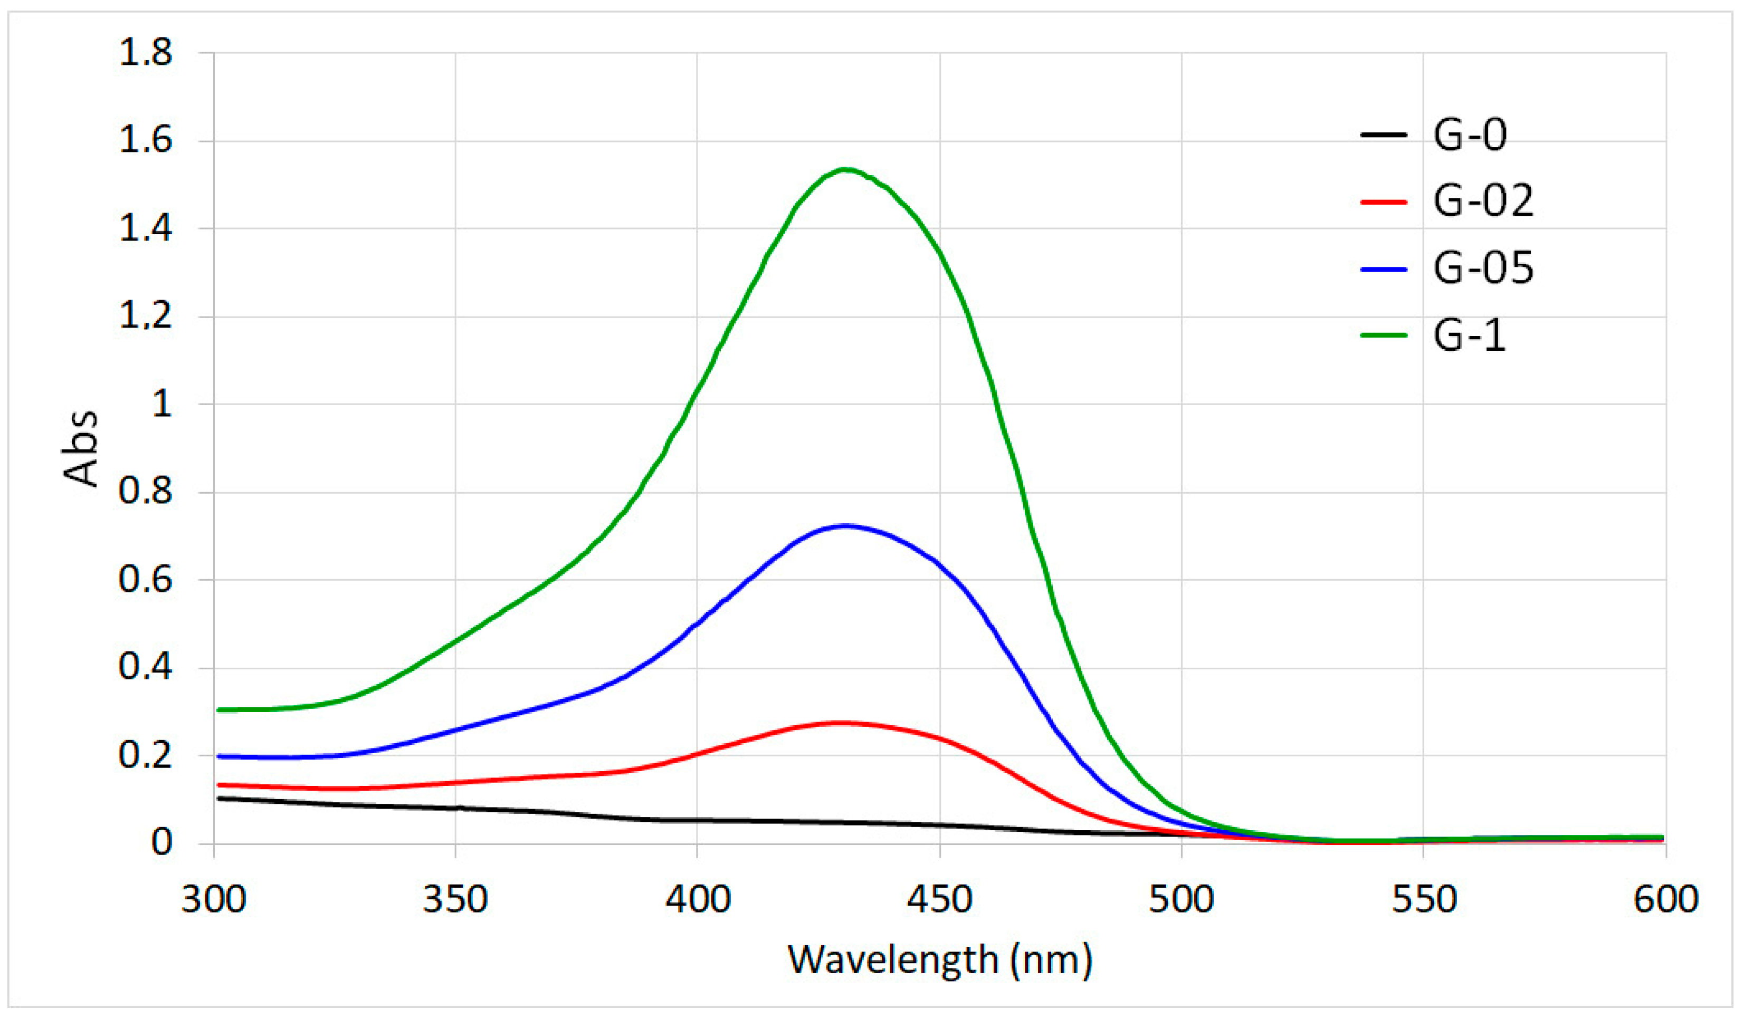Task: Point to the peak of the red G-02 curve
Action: click(x=839, y=723)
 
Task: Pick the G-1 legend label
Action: click(x=1469, y=335)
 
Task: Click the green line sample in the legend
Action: click(x=1383, y=335)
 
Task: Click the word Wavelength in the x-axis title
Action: click(x=893, y=959)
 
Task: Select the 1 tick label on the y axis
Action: click(x=161, y=404)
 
